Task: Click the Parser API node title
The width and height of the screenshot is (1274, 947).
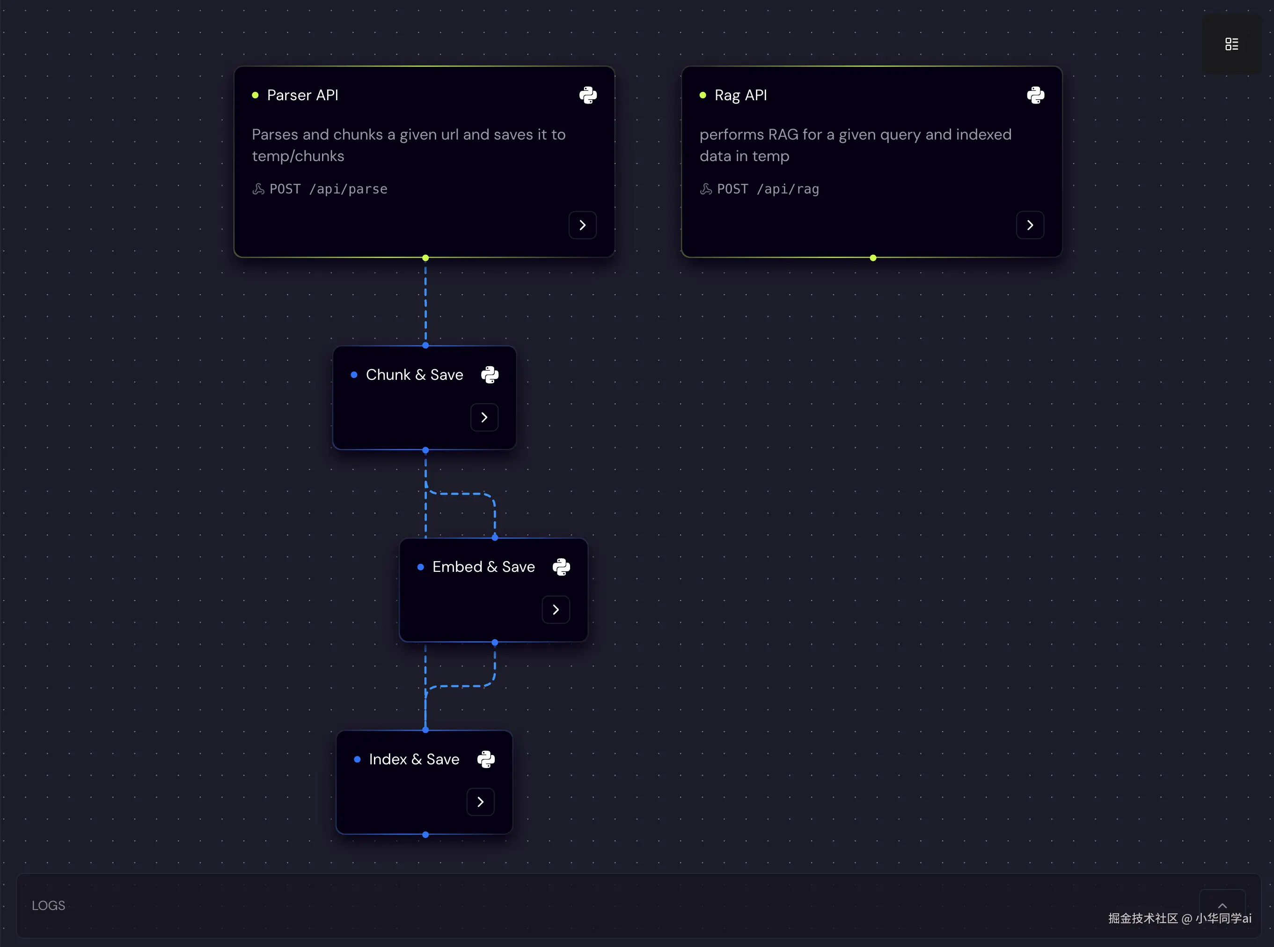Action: (302, 95)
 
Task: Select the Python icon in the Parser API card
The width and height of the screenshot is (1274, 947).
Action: (588, 95)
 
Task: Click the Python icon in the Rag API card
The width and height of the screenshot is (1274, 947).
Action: (1035, 95)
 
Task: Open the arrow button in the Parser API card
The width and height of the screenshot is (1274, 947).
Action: (583, 225)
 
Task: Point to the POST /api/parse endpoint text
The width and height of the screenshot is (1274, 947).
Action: (328, 189)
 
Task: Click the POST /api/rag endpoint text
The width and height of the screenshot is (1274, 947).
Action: (768, 189)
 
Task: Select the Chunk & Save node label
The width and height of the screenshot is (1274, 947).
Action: (414, 375)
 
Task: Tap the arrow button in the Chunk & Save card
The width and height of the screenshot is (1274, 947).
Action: (484, 417)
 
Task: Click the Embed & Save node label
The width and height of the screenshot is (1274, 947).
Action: (483, 567)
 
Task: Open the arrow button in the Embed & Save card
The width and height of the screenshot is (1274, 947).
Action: (556, 609)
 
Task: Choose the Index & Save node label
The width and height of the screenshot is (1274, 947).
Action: (414, 760)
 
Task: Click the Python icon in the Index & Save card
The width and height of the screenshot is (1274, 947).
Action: (486, 760)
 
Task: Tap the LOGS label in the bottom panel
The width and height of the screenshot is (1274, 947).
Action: (48, 906)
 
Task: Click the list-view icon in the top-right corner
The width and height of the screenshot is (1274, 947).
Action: (1231, 44)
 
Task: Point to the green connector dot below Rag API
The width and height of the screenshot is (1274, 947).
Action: (873, 258)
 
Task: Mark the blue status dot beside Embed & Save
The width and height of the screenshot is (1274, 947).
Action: (420, 567)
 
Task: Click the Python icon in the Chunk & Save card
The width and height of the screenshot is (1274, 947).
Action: (490, 375)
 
